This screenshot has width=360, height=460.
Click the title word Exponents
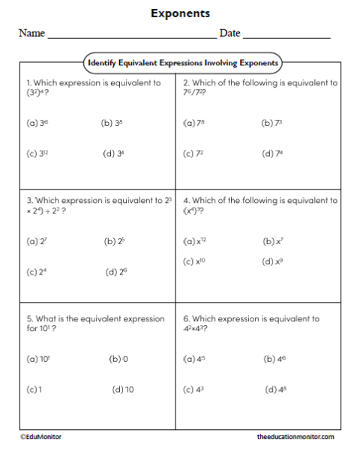pyautogui.click(x=180, y=13)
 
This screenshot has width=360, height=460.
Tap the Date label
pyautogui.click(x=229, y=34)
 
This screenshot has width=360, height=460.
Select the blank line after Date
pyautogui.click(x=286, y=37)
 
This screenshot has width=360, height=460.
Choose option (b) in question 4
pyautogui.click(x=274, y=242)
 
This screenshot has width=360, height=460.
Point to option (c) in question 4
pyautogui.click(x=194, y=261)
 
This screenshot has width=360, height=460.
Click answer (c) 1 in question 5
pyautogui.click(x=32, y=390)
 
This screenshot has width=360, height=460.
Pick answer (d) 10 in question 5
pyautogui.click(x=122, y=390)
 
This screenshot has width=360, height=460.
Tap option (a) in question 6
pyautogui.click(x=194, y=360)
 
